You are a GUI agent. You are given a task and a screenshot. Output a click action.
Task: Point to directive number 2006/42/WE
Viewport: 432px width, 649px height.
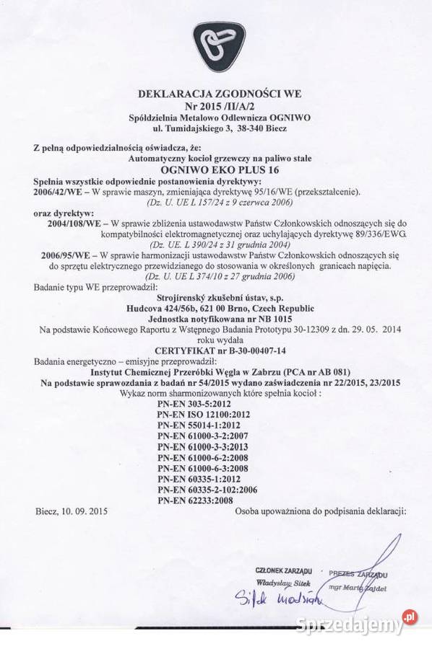pos(61,193)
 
